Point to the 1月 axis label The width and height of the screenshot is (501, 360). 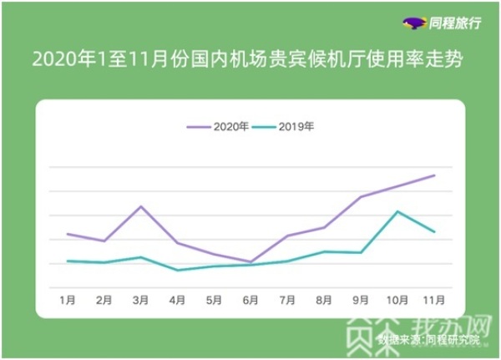tap(68, 298)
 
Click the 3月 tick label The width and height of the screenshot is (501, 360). tap(140, 298)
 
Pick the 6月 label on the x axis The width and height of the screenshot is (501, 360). tap(250, 298)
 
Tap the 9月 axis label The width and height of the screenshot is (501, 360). tap(360, 298)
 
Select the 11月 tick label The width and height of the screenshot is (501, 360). tap(434, 298)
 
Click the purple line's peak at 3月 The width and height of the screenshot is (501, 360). tap(140, 205)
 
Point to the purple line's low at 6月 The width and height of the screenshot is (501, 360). tap(250, 262)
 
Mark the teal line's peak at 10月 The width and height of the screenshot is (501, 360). tap(397, 211)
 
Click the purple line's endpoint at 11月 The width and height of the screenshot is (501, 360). tap(434, 175)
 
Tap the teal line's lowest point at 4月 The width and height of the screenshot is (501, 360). tap(177, 270)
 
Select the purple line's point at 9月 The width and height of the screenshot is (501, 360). tap(360, 197)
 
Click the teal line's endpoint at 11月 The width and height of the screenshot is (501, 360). tap(434, 231)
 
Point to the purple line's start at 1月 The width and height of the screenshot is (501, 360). tap(68, 234)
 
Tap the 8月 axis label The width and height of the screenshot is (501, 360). tap(323, 298)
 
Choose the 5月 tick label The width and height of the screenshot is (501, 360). tap(213, 298)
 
